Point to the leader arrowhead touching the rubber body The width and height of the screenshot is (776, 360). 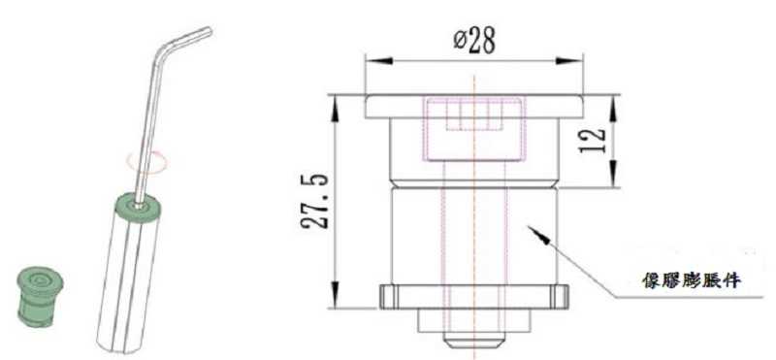tap(532, 228)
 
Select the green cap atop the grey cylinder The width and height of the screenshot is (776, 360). tap(129, 207)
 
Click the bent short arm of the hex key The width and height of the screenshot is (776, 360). tap(189, 39)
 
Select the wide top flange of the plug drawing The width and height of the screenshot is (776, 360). tap(473, 106)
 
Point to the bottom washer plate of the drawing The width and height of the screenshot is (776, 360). tap(472, 294)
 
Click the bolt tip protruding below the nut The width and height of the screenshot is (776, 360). tap(472, 341)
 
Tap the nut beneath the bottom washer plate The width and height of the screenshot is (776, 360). tap(472, 318)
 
